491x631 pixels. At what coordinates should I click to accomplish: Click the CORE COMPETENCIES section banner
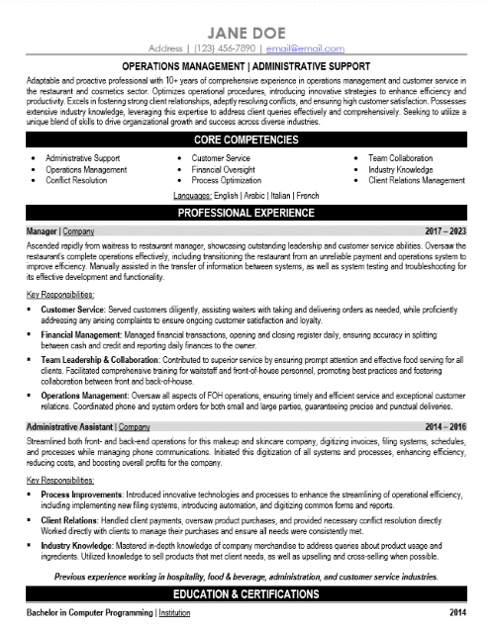245,140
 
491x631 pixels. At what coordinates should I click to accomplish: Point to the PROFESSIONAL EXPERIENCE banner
245,213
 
